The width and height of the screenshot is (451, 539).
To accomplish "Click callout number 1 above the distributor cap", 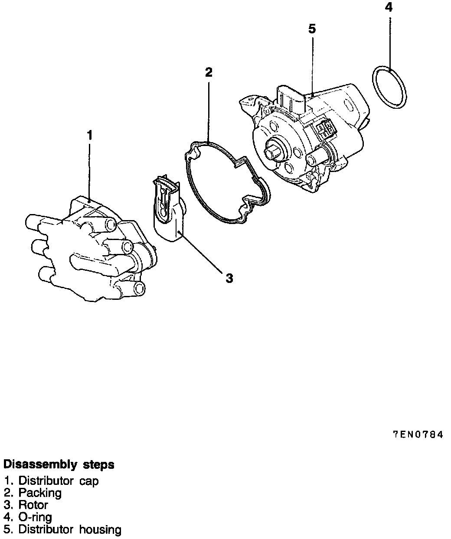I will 89,135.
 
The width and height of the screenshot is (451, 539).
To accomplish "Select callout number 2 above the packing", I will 209,72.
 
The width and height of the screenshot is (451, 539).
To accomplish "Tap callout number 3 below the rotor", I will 229,278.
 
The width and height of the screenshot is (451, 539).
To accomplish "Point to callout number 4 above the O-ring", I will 389,7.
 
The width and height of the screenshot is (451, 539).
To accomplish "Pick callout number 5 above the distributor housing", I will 312,29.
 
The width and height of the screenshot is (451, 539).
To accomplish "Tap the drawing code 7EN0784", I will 418,435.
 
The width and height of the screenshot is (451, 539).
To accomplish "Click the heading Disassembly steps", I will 59,464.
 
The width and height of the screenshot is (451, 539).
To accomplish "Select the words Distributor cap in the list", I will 59,481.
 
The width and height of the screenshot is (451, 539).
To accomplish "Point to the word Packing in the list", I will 40,493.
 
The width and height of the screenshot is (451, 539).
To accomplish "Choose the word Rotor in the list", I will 33,505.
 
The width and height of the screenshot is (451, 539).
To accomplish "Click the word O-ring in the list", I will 35,517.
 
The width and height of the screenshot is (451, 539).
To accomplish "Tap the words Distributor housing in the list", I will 70,529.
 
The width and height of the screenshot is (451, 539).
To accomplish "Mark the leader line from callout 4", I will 390,43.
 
